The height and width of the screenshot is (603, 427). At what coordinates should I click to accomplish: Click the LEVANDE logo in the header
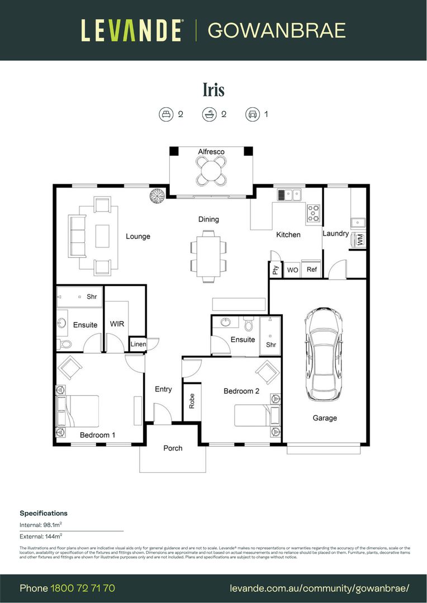point(132,30)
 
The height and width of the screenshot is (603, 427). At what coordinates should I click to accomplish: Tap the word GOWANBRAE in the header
point(277,30)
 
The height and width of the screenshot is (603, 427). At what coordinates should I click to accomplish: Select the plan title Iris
point(214,89)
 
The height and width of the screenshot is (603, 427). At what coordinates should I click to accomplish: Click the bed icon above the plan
point(166,114)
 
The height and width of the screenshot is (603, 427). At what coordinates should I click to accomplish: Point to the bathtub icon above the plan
point(209,114)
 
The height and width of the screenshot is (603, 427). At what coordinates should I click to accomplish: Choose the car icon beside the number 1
point(252,114)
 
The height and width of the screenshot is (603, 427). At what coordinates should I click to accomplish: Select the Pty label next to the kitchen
point(275,270)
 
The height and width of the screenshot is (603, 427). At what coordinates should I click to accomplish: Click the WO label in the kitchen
point(292,270)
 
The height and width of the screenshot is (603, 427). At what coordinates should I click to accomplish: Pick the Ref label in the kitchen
point(311,270)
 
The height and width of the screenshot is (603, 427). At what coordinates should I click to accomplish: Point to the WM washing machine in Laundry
point(359,240)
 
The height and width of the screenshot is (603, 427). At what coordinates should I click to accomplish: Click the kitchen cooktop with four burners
point(314,212)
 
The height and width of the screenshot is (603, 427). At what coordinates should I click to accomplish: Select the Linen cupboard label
point(138,344)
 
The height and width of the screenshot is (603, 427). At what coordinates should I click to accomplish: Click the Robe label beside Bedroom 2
point(192,401)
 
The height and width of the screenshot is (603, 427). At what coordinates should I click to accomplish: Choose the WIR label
point(117,324)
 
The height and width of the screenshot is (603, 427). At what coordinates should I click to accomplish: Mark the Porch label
point(173,448)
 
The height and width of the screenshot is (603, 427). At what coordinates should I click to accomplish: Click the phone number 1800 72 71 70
point(83,588)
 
